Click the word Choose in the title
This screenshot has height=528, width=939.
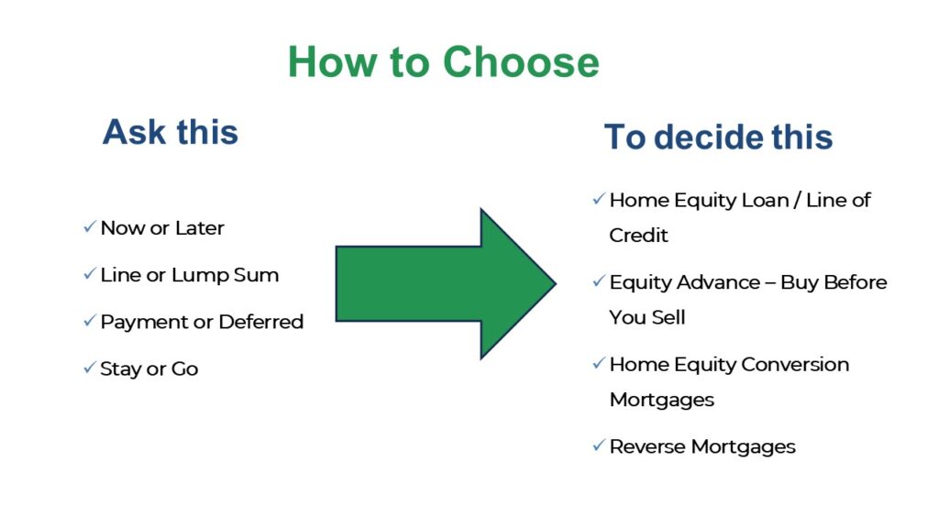(x=522, y=62)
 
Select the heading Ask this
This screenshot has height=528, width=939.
(x=171, y=132)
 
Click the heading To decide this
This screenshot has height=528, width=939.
(x=718, y=137)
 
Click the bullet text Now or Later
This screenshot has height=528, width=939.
(x=162, y=228)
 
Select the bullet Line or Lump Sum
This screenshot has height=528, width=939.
(x=189, y=275)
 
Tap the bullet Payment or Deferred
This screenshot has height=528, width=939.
(x=202, y=322)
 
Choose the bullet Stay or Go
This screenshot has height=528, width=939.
(x=149, y=369)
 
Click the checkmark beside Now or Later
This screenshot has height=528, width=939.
(x=89, y=227)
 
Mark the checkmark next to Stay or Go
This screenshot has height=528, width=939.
(x=89, y=368)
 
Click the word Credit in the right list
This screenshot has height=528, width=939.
(x=639, y=236)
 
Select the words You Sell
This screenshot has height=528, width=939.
(x=647, y=318)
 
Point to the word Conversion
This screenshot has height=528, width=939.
(x=795, y=365)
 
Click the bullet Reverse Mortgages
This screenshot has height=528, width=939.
(x=702, y=447)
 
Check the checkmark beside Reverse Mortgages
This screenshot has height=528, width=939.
(x=598, y=446)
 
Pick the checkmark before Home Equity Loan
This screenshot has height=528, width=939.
(x=598, y=199)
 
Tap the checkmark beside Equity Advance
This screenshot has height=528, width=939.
(x=598, y=281)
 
